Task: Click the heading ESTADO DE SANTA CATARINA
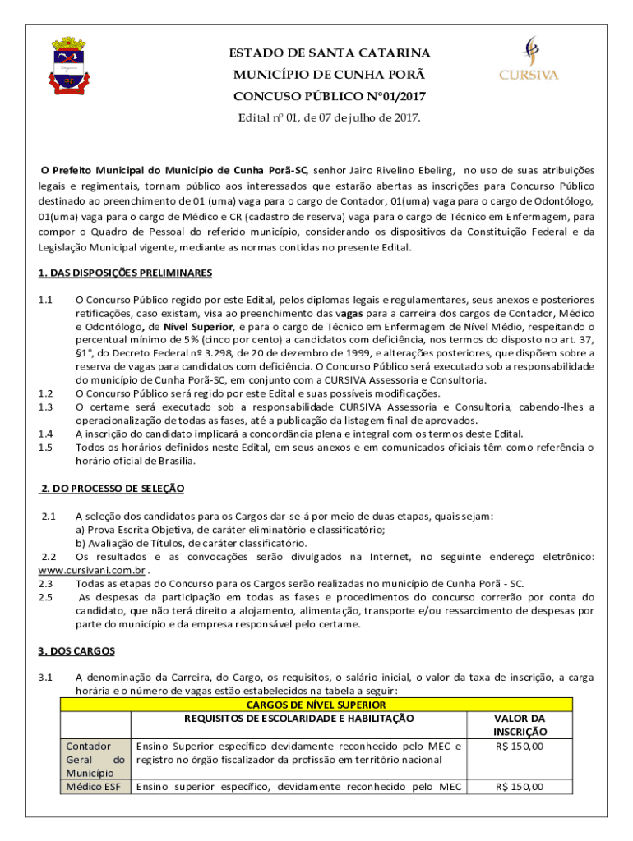click(x=329, y=54)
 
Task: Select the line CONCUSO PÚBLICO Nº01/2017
click(x=329, y=97)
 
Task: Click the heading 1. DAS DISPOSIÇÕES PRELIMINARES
click(x=125, y=273)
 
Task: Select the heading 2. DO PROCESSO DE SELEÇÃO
click(x=113, y=489)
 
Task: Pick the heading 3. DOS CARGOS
click(x=76, y=651)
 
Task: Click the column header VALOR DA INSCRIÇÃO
click(x=520, y=724)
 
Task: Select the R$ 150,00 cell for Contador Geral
click(x=520, y=747)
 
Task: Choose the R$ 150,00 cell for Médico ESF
click(x=520, y=787)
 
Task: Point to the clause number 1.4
click(x=46, y=434)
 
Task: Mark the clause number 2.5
click(x=46, y=597)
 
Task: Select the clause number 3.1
click(x=46, y=678)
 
